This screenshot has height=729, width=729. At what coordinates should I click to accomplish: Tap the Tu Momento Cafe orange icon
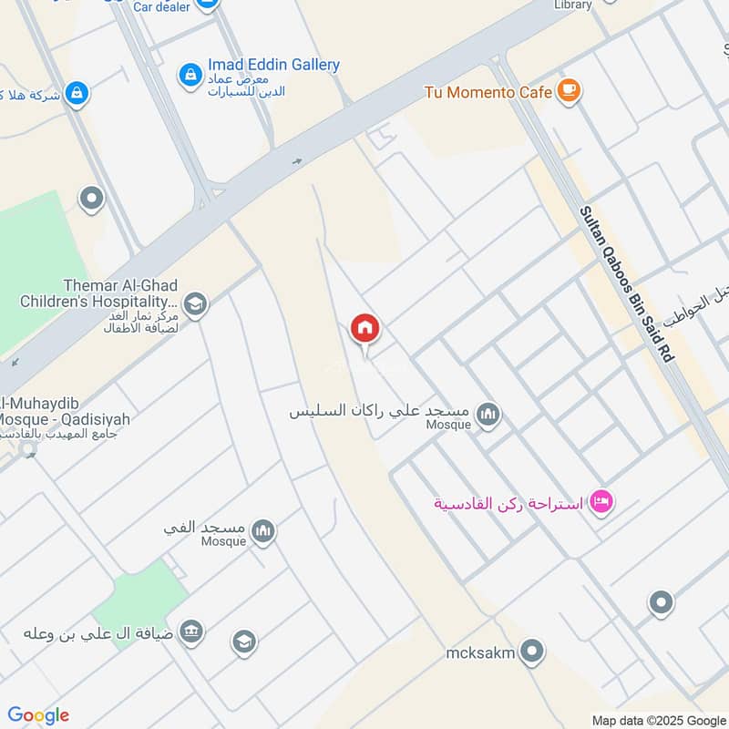(570, 91)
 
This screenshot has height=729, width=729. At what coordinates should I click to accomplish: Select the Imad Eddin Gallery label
(273, 65)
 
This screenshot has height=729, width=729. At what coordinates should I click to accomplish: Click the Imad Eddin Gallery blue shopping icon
(190, 72)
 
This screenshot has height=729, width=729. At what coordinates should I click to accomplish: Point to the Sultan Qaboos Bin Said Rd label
(628, 285)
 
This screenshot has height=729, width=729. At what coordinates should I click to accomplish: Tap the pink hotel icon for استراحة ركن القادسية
(601, 501)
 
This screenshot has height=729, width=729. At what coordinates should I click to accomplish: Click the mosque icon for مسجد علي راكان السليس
(488, 416)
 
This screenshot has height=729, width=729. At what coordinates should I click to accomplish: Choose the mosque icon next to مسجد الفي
(263, 530)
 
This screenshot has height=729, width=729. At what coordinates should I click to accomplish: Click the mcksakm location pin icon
(534, 652)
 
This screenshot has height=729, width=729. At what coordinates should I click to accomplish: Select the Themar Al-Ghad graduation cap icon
(194, 303)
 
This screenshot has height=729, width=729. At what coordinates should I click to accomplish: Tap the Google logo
(38, 715)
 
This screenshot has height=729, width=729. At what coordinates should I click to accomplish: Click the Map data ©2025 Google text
(659, 720)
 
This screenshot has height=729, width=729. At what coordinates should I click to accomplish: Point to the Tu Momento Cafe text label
(488, 92)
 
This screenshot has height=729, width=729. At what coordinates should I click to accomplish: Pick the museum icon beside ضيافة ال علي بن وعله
(190, 631)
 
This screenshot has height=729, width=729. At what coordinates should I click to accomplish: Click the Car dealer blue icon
(207, 5)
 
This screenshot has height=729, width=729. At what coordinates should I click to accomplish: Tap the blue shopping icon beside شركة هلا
(77, 92)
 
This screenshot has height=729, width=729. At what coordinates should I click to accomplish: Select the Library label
(573, 5)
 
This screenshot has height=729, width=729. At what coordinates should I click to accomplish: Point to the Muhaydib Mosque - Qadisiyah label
(64, 412)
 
